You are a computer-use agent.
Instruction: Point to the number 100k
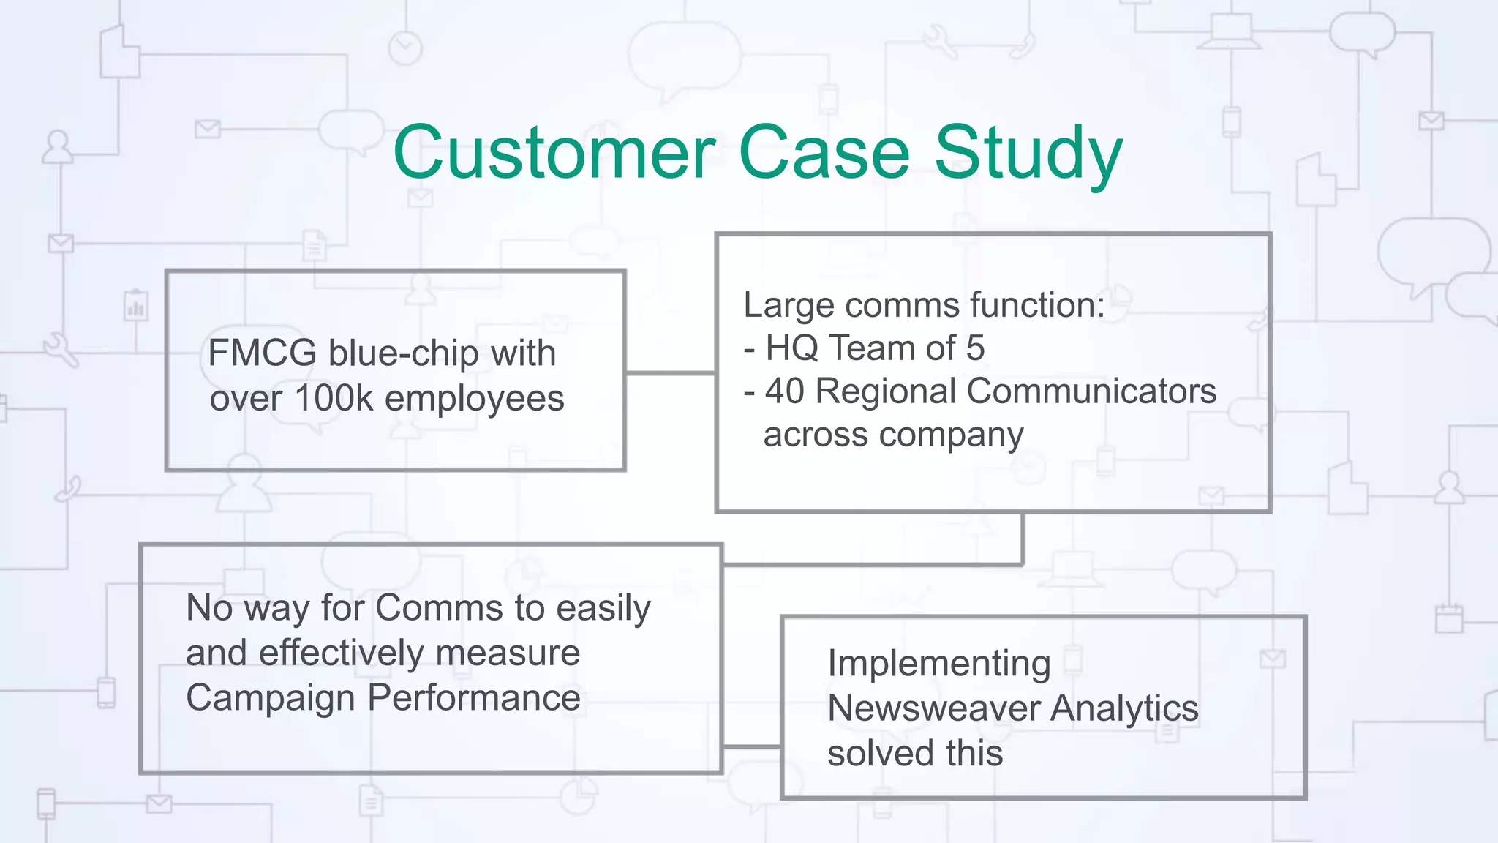coord(334,399)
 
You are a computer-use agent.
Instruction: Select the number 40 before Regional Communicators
coord(784,391)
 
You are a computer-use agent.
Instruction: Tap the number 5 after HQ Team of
coord(975,348)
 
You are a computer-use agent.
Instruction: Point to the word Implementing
coord(938,664)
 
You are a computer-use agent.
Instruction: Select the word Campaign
coord(271,698)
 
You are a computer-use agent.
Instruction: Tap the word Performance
coord(473,697)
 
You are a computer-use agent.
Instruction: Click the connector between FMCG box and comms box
coord(670,373)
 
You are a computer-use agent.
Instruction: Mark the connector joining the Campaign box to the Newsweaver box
coord(751,746)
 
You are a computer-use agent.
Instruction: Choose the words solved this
coord(914,753)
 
